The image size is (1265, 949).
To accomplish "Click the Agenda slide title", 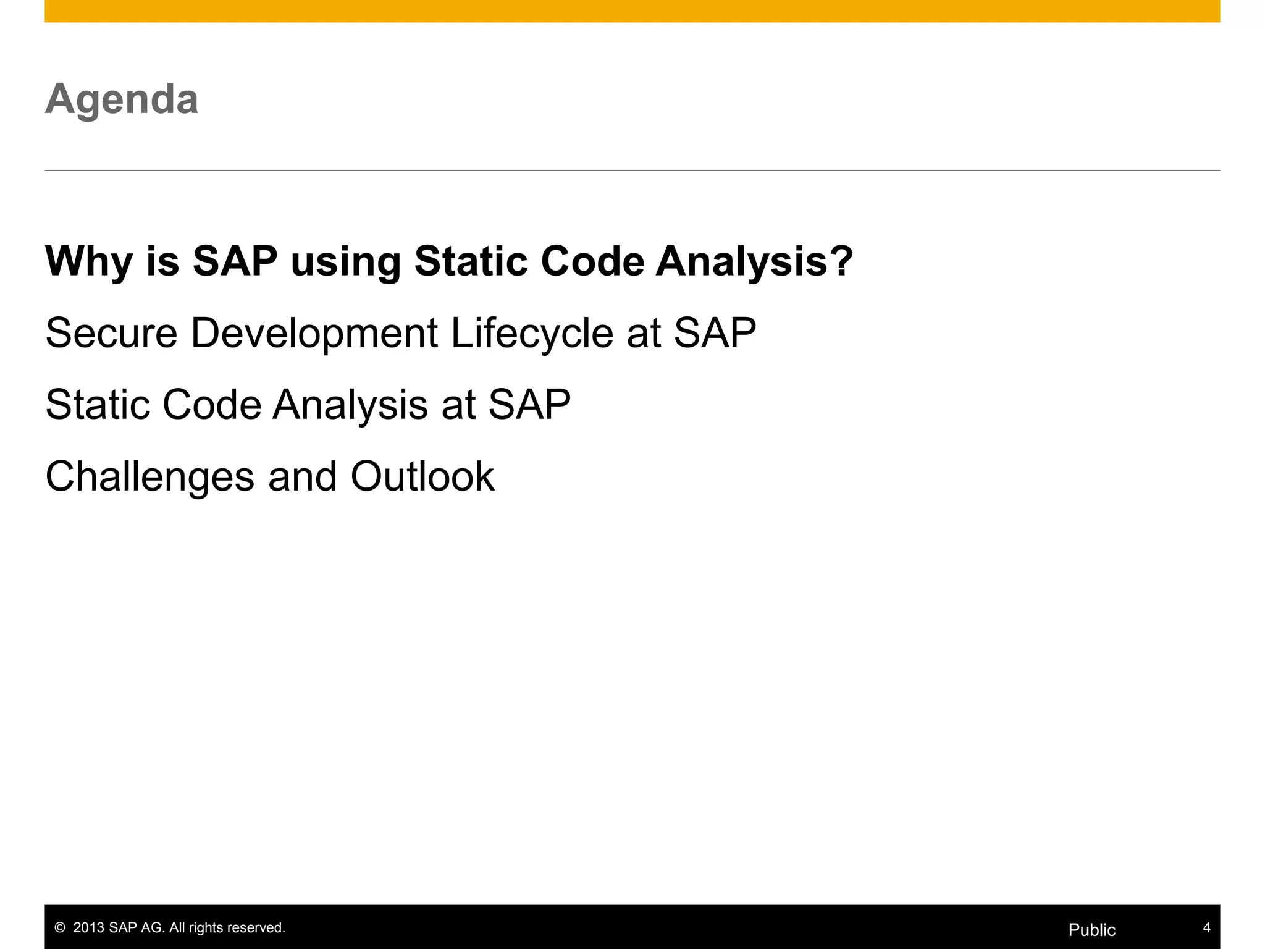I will [x=122, y=99].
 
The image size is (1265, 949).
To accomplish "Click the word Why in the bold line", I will [x=89, y=261].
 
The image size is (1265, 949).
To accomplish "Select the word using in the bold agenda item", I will [x=346, y=263].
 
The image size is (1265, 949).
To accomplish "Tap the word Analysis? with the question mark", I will [x=754, y=263].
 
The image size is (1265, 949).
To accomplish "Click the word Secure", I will [x=112, y=334].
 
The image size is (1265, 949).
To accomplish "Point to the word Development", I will [x=314, y=334].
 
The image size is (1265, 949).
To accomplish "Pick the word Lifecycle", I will [x=532, y=334].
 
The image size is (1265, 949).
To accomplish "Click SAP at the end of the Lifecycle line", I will [x=715, y=334].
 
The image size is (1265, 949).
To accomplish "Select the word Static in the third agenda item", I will [x=98, y=405].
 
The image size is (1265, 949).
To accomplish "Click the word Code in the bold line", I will [x=592, y=261].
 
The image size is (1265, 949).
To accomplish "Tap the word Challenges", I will [x=150, y=477].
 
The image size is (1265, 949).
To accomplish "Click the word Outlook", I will [x=422, y=476].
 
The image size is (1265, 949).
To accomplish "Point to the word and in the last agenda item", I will [x=303, y=476].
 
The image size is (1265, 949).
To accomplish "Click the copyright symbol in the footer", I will [x=60, y=928].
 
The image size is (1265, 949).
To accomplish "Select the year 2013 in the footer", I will [x=89, y=928].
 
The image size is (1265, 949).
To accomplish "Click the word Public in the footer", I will [x=1092, y=930].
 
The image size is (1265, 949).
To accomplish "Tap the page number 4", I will [x=1206, y=927].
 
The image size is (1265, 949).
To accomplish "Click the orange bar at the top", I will [x=632, y=11].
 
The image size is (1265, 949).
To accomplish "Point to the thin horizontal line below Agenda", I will [x=632, y=170].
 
